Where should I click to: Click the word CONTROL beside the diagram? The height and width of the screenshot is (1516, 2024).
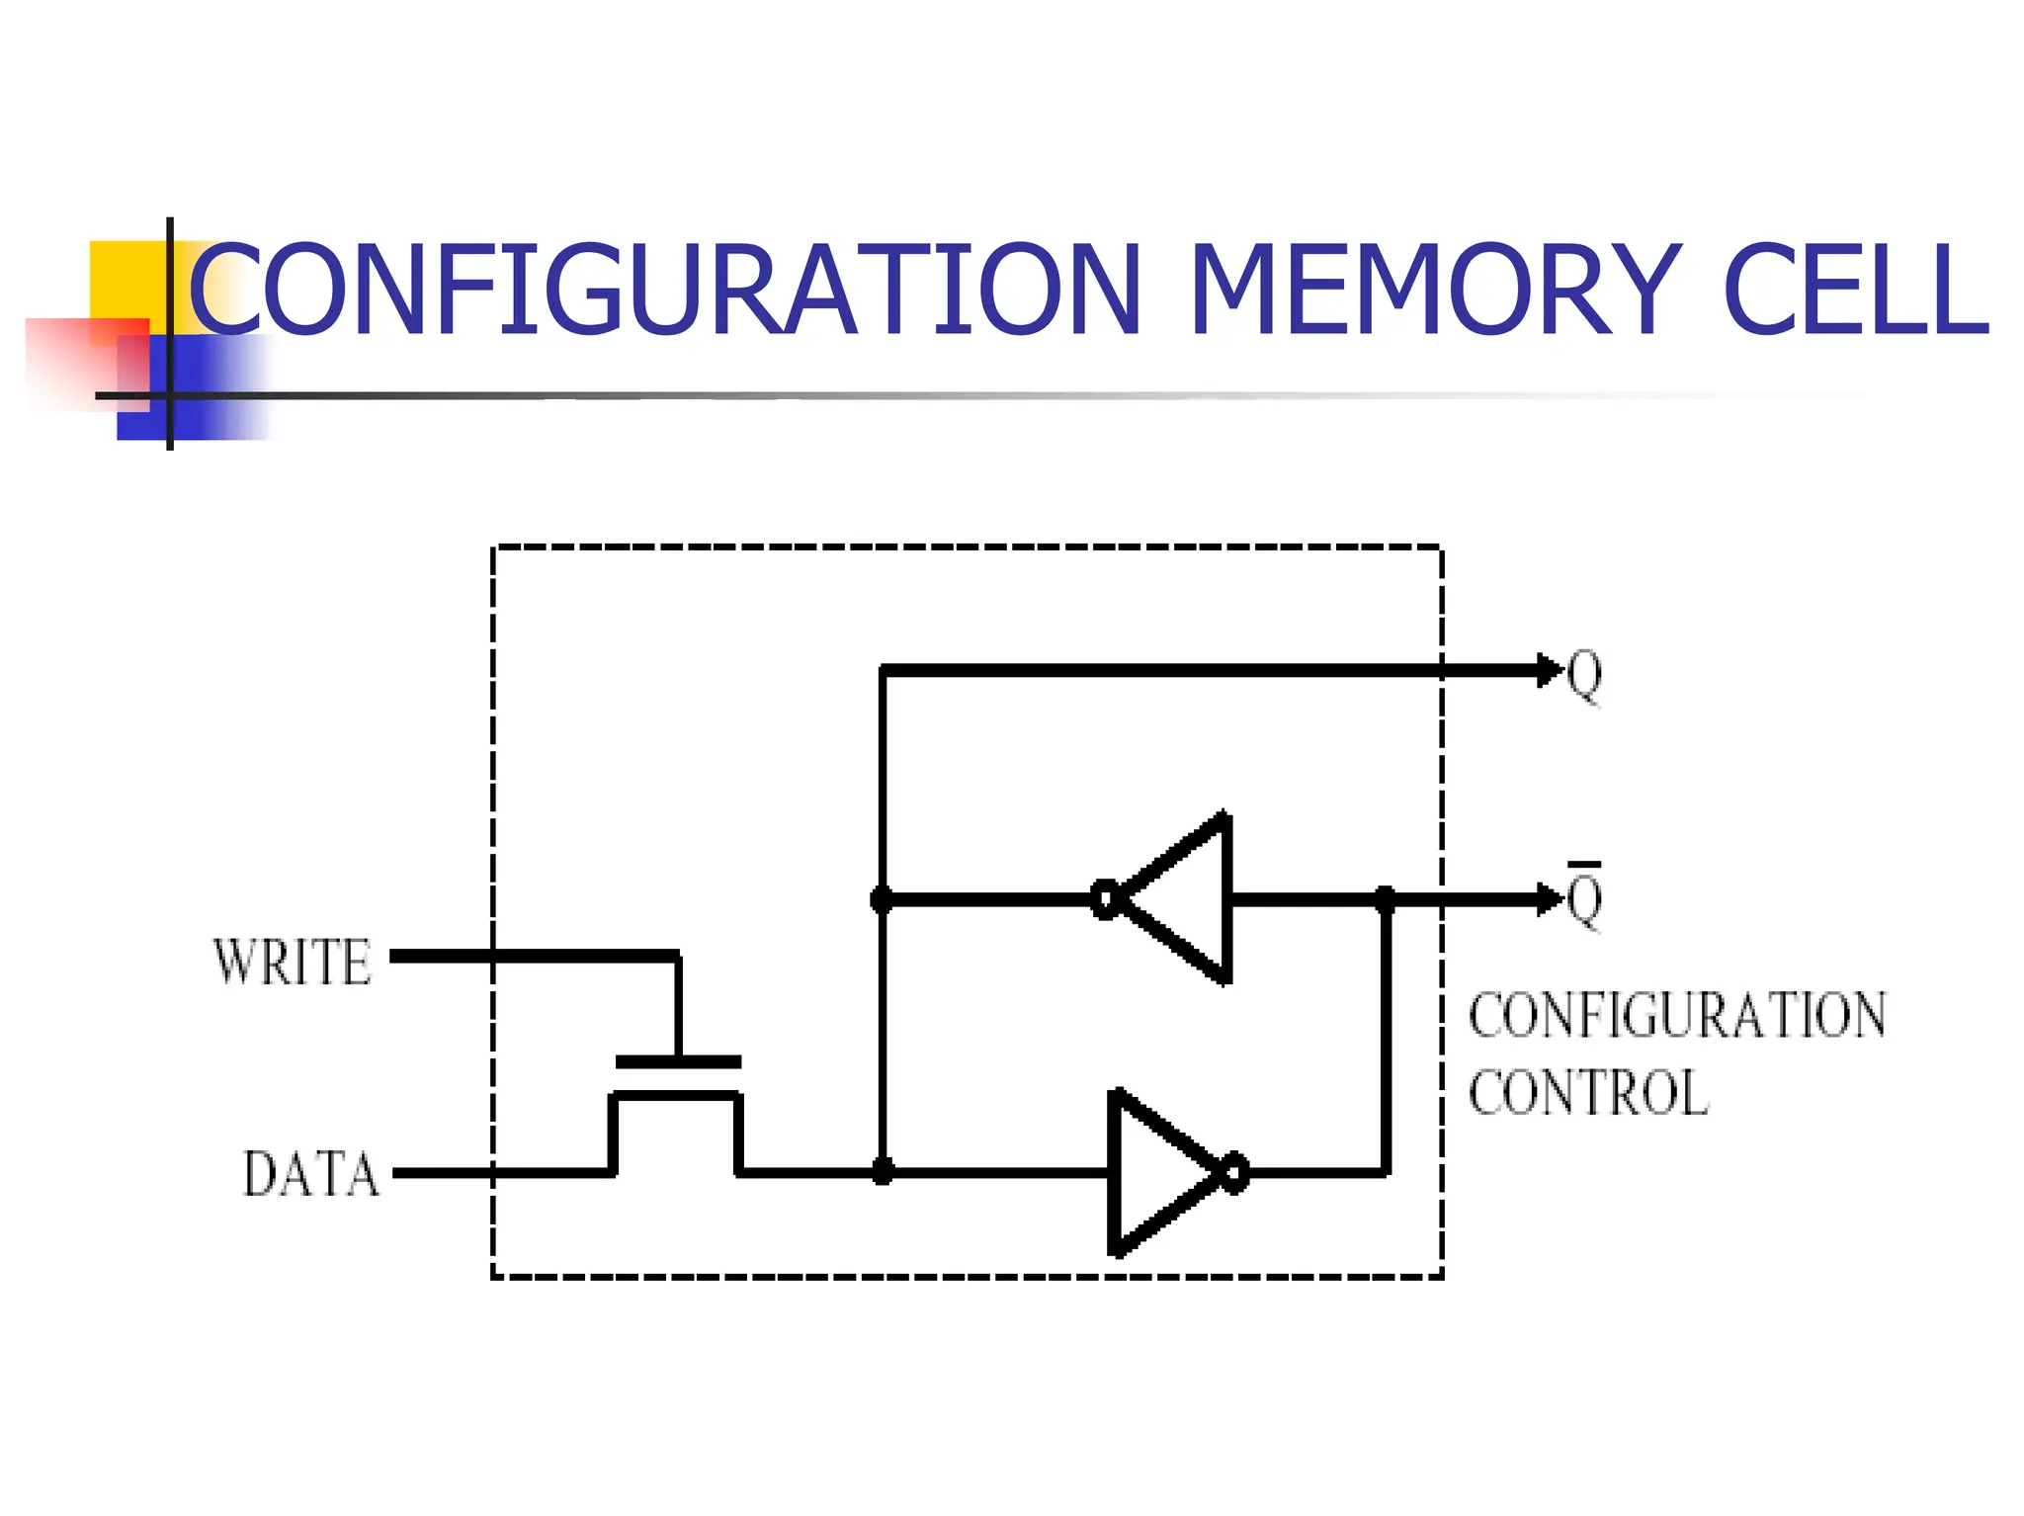[1588, 1093]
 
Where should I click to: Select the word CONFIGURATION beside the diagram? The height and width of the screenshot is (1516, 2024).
[1677, 1016]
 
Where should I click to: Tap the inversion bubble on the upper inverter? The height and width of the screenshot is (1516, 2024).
[1105, 899]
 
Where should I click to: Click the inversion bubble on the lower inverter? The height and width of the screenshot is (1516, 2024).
[1235, 1173]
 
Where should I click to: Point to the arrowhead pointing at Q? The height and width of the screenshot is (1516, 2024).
[1549, 670]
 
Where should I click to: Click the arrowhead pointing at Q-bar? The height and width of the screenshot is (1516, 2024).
[1549, 899]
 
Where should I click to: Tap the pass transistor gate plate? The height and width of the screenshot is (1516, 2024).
[678, 1062]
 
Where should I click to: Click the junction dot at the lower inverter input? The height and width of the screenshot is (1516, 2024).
[883, 1173]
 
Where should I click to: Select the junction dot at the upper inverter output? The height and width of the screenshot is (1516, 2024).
[1386, 899]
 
